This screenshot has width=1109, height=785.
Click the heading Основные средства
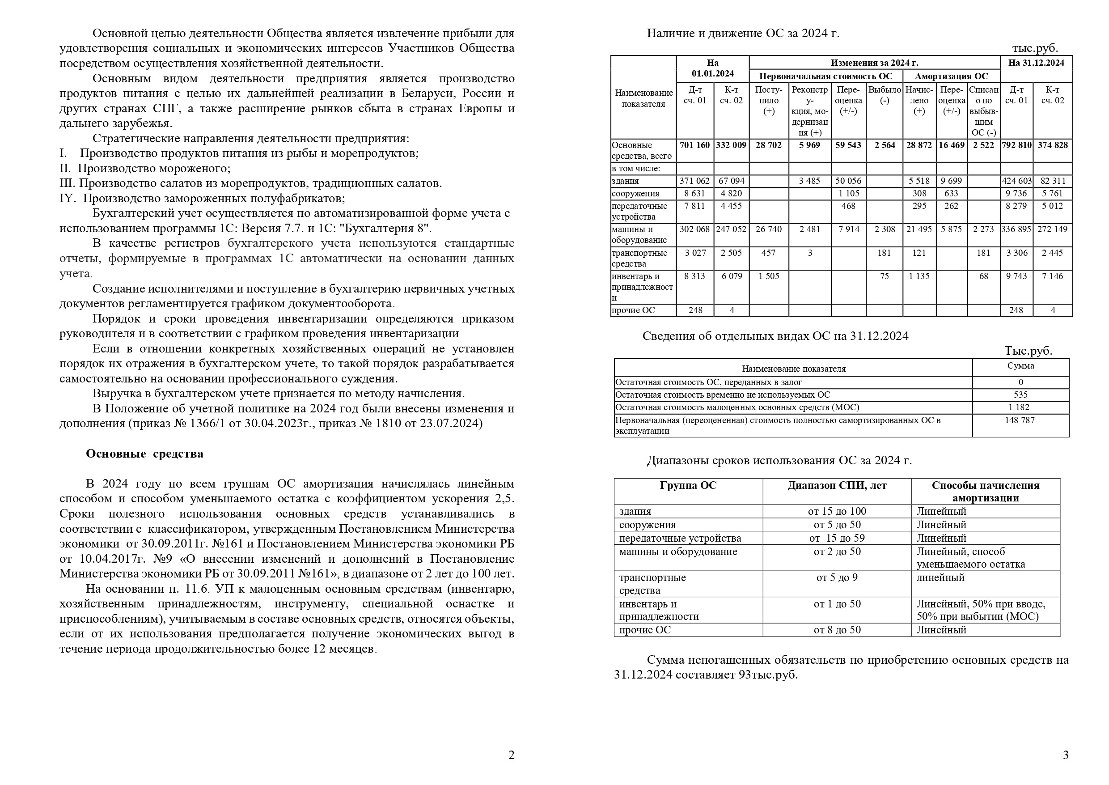[144, 454]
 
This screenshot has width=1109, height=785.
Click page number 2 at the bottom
[511, 755]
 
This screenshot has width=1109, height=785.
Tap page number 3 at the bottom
[1066, 755]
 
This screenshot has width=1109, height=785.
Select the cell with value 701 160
[694, 145]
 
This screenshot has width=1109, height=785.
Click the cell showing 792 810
[1016, 145]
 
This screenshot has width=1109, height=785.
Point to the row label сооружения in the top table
[635, 193]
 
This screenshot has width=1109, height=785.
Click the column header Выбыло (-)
[885, 95]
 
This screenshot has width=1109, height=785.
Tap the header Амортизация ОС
[951, 76]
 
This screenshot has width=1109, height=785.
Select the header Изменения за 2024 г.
[874, 63]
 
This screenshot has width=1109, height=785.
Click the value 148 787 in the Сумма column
[1020, 420]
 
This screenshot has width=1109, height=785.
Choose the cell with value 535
[1020, 395]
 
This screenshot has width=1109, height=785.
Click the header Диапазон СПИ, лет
[837, 485]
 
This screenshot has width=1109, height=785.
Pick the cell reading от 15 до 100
[837, 511]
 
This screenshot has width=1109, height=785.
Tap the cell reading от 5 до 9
[837, 577]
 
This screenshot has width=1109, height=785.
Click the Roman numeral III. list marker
[68, 183]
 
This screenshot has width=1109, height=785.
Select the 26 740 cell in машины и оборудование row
[768, 229]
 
